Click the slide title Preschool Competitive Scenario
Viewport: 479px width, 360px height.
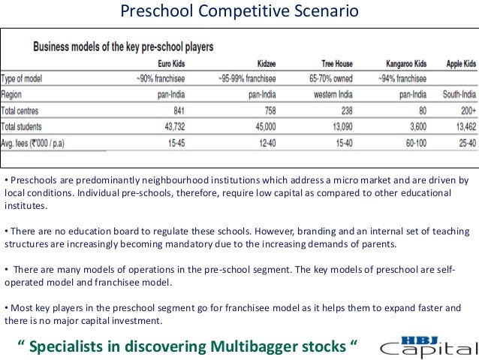coord(239,13)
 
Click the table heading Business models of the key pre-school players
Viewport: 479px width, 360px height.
coord(123,47)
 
